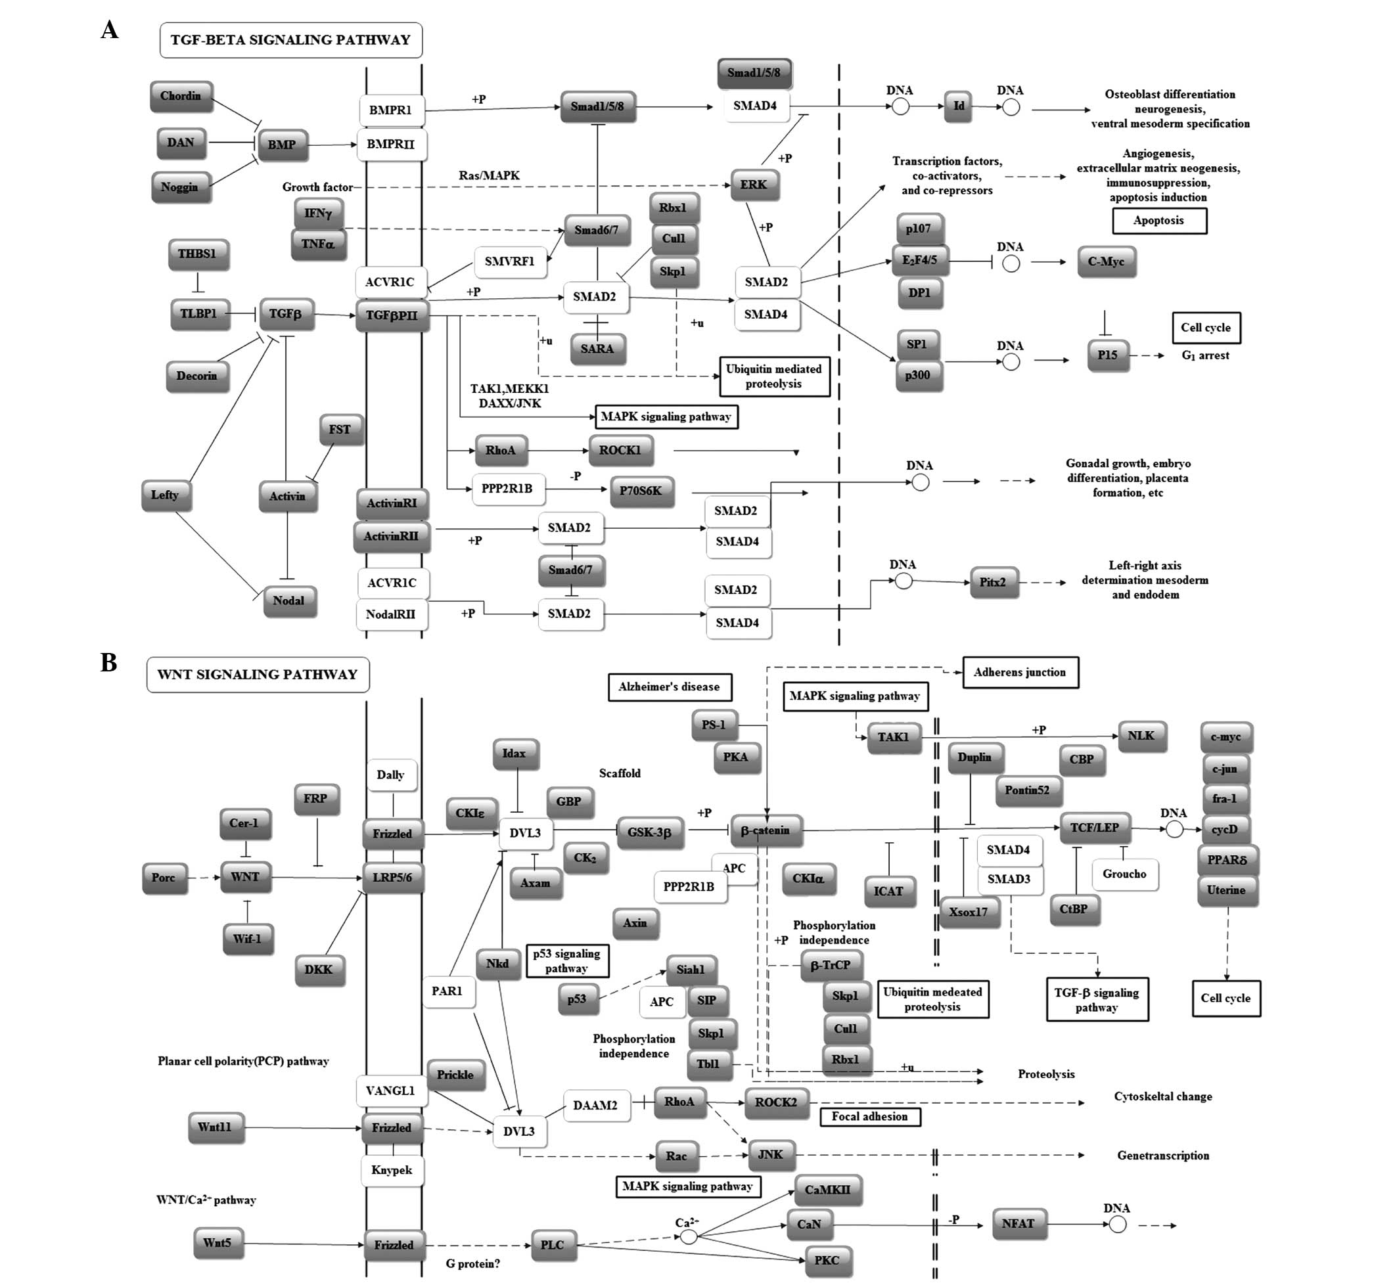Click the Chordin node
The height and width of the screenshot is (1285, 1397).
(x=181, y=96)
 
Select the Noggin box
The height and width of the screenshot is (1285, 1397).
(x=179, y=187)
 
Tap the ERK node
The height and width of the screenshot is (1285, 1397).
(x=754, y=184)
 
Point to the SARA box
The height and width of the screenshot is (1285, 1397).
(x=597, y=348)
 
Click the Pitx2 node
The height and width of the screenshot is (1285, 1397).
(x=993, y=582)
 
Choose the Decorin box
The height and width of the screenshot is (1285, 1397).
(x=196, y=376)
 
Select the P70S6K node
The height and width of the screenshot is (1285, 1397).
(x=641, y=490)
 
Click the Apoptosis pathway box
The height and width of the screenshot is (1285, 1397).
(x=1158, y=221)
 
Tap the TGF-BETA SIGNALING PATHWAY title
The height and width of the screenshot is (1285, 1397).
(x=290, y=39)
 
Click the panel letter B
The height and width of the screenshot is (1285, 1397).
(x=109, y=663)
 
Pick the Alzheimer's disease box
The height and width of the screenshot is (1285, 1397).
(x=669, y=687)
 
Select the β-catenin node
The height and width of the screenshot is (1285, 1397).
(x=766, y=830)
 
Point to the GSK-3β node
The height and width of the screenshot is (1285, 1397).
(x=649, y=832)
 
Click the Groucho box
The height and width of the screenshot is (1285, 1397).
(x=1124, y=874)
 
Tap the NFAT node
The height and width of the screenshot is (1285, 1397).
(x=1018, y=1223)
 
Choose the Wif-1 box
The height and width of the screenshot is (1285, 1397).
(x=248, y=938)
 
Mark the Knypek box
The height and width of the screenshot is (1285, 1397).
(x=392, y=1169)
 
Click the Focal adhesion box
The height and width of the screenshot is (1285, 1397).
(x=870, y=1116)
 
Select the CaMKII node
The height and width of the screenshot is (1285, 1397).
(x=827, y=1189)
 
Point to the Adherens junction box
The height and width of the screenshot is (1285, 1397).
(x=1019, y=673)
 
